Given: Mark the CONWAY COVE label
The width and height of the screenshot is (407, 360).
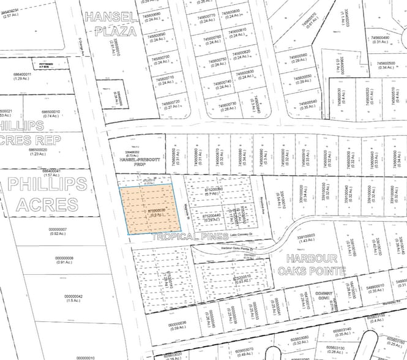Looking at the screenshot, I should tap(323, 296).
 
